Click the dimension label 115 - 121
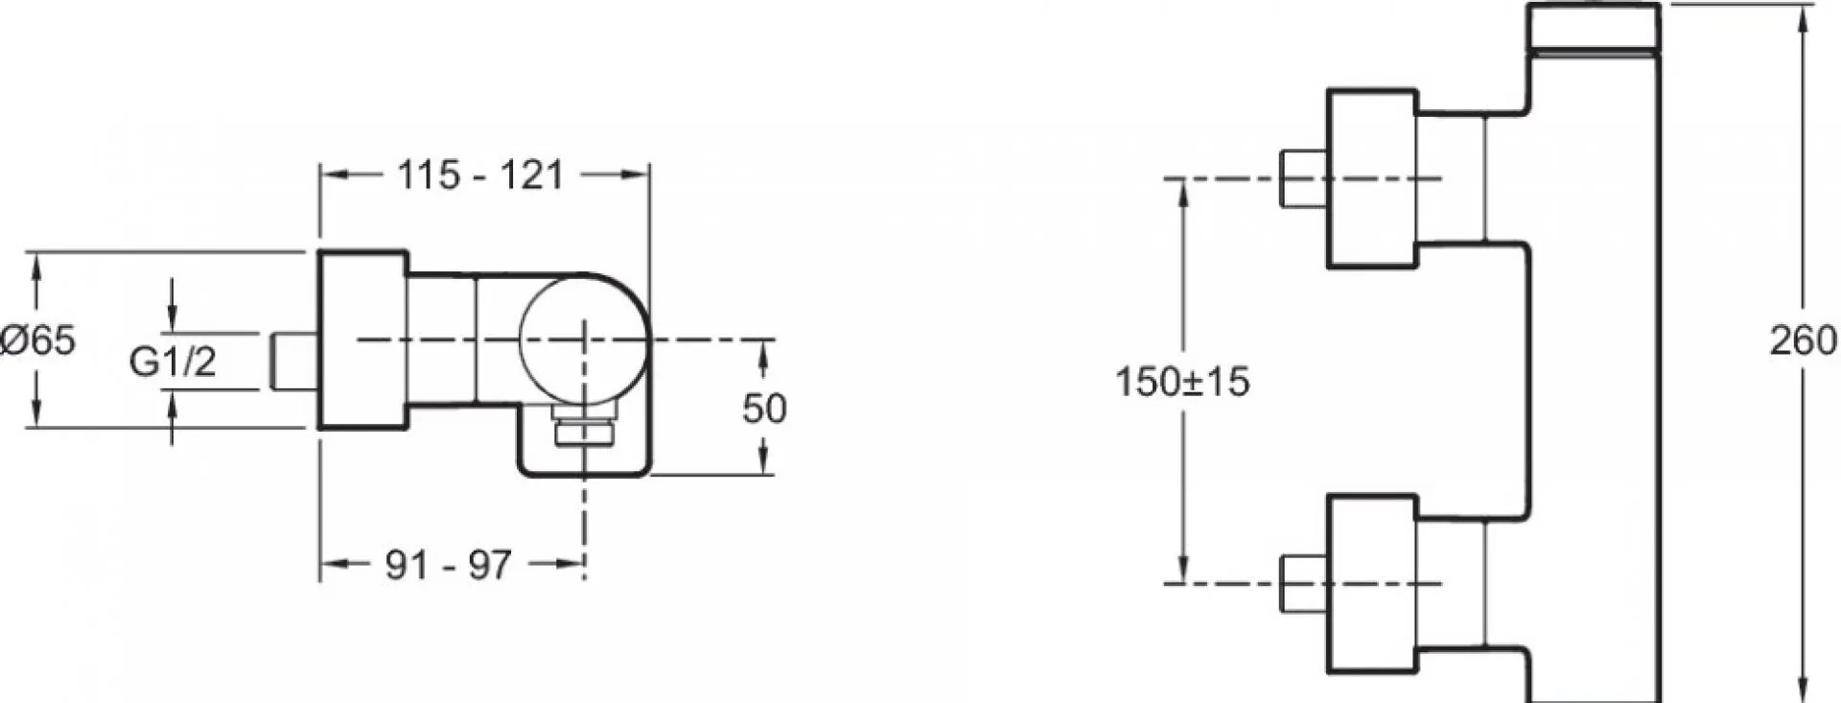click(480, 176)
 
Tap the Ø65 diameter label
click(38, 340)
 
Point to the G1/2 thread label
click(173, 362)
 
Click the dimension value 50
click(764, 409)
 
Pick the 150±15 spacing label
click(1182, 382)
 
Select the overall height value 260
click(1804, 340)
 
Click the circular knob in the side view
click(585, 340)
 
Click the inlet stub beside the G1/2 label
click(294, 362)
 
